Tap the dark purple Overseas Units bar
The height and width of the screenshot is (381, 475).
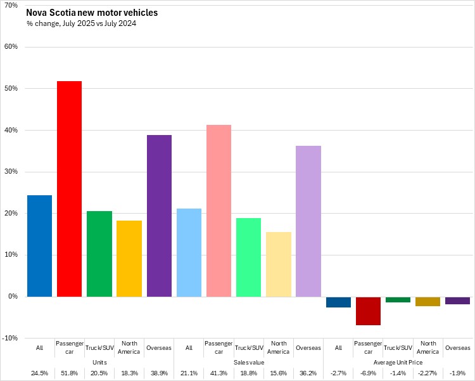tap(159, 216)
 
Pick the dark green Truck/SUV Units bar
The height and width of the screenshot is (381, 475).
tap(99, 254)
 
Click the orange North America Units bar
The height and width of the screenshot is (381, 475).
tap(129, 259)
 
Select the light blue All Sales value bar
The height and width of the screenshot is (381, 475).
tap(189, 252)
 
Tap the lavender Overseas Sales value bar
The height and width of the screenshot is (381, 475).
tap(308, 221)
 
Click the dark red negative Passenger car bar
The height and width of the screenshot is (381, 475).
tap(368, 311)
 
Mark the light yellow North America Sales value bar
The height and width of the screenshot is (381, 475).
tap(279, 264)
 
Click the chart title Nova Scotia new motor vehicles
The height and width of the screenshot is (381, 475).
tap(92, 13)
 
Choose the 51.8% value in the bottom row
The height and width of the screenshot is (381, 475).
tap(69, 373)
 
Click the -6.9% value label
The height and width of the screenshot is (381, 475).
tap(368, 373)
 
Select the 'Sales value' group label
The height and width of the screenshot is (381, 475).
tap(248, 362)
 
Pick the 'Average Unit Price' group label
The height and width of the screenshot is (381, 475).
tap(398, 362)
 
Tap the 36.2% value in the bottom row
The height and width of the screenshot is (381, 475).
tap(308, 373)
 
